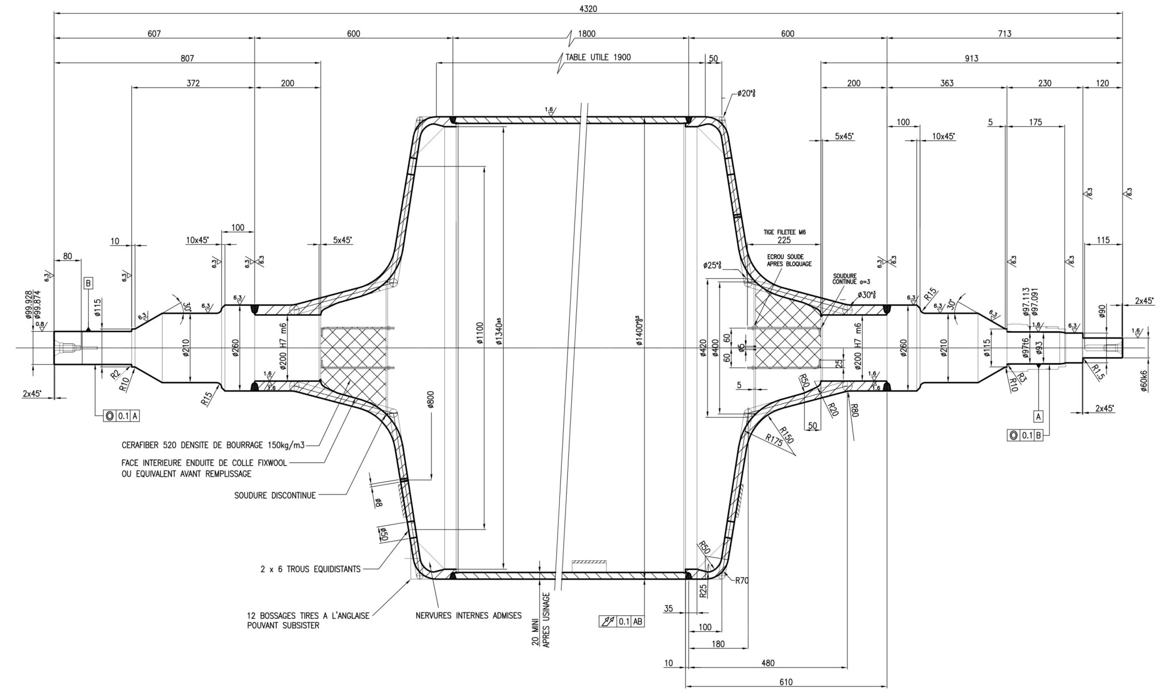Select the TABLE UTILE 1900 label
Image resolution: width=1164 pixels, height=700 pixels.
point(597,57)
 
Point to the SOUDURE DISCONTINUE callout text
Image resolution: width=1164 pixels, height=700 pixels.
point(275,495)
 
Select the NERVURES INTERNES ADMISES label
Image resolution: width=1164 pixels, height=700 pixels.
point(468,615)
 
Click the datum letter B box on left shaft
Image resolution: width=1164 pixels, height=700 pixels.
point(88,283)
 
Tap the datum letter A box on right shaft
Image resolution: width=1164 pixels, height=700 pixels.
point(1038,416)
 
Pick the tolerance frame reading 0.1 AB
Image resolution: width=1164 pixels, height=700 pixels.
point(622,622)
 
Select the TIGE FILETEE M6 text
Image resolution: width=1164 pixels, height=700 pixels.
point(784,232)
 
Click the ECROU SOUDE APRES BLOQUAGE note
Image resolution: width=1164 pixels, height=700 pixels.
point(789,260)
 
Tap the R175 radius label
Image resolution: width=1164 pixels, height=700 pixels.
point(773,441)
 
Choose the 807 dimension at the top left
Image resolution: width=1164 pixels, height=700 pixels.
point(187,58)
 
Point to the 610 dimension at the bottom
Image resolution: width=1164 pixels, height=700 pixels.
point(786,682)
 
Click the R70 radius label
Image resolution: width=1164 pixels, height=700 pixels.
point(742,581)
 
